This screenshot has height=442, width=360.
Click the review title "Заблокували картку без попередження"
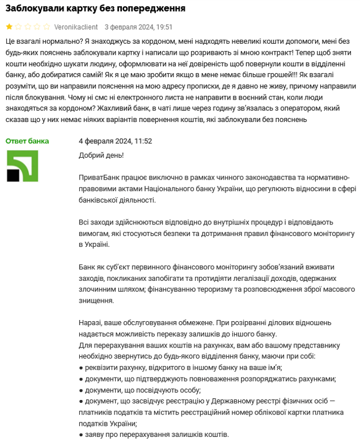[x=95, y=9]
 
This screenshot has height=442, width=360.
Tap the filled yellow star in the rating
[x=9, y=27]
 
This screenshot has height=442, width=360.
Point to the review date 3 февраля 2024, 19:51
[x=139, y=27]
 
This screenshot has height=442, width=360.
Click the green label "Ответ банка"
[x=28, y=141]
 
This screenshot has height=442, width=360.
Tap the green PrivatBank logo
[x=22, y=166]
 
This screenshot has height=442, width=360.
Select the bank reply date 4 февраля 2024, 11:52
[x=115, y=141]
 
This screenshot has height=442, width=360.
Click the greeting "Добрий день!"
[x=101, y=155]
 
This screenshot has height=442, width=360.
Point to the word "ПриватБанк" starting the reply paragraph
[x=98, y=178]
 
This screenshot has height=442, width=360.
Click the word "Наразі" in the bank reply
[x=90, y=323]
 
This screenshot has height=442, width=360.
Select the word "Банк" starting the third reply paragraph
[x=88, y=267]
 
